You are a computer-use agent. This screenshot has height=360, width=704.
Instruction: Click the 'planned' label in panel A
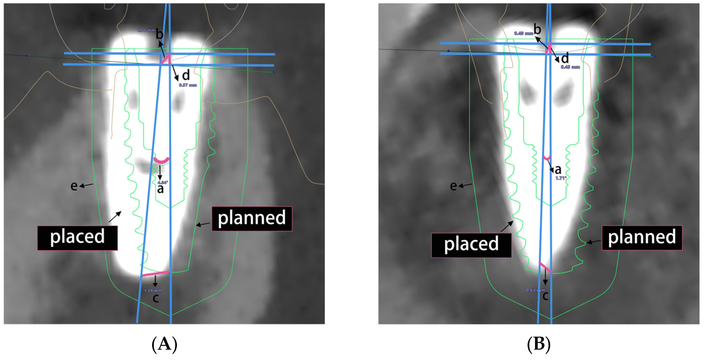click(x=252, y=219)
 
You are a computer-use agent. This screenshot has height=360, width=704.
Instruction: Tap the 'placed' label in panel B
click(x=471, y=245)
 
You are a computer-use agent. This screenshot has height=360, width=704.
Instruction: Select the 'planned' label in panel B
click(x=642, y=238)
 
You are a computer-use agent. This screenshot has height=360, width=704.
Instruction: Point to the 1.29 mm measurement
click(x=153, y=291)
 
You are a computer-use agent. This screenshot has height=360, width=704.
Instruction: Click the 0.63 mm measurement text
click(x=535, y=290)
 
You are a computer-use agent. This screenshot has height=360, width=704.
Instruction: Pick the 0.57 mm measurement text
click(x=188, y=85)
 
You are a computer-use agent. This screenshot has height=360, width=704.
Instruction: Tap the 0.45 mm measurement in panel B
click(x=570, y=67)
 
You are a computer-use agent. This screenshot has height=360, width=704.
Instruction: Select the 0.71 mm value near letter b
click(x=146, y=30)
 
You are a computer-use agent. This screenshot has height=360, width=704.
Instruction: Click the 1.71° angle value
click(x=561, y=178)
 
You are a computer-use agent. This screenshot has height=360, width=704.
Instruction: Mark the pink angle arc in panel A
click(x=161, y=161)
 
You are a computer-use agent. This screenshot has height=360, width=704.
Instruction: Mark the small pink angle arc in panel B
click(x=547, y=158)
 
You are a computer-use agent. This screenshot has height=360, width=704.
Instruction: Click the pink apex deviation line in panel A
click(x=156, y=273)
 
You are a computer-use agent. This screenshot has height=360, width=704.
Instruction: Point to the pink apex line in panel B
click(x=545, y=267)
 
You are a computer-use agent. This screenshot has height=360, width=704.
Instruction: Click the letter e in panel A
click(x=74, y=186)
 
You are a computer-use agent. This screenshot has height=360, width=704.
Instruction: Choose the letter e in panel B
click(x=453, y=186)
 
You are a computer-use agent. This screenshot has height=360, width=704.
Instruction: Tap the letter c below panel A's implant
click(x=155, y=298)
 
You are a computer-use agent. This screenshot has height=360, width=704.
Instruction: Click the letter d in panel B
click(x=565, y=58)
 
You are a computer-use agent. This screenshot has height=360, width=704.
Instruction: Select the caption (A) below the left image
click(x=164, y=344)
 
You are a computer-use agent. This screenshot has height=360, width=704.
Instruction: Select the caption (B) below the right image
click(x=538, y=344)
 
